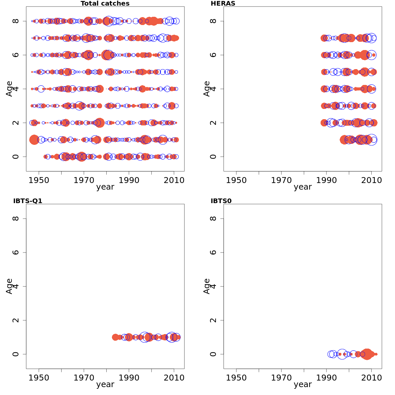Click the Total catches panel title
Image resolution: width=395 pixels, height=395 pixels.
(105, 4)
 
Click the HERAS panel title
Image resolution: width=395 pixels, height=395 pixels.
(223, 4)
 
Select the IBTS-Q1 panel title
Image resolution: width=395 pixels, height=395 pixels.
(28, 201)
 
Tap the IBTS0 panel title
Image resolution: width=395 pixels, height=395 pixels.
(221, 201)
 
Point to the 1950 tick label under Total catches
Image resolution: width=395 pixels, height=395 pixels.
(39, 180)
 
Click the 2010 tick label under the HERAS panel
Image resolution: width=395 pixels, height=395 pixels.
(371, 180)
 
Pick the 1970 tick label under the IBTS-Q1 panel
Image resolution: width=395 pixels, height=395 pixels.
(84, 378)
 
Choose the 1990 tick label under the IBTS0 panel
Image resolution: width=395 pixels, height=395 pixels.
(326, 378)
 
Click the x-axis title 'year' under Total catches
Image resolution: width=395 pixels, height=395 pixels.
(105, 187)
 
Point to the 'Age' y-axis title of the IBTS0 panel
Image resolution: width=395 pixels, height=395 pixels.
(207, 286)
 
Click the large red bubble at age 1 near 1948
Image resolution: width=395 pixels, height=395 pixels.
(34, 140)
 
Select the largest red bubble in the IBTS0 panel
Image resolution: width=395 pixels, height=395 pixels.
(367, 354)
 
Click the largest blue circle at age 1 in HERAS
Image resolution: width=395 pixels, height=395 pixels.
(371, 140)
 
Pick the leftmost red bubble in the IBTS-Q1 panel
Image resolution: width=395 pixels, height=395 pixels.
(115, 337)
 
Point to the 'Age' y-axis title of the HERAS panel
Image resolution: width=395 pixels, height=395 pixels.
(207, 89)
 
